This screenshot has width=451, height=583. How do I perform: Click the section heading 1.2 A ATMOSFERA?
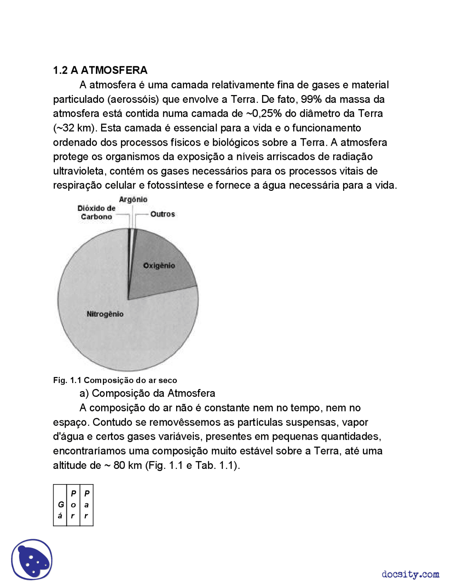(x=100, y=70)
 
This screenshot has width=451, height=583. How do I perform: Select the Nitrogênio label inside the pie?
(x=105, y=314)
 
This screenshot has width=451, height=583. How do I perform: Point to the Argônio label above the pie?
(x=133, y=199)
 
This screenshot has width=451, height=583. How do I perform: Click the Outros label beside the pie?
(x=162, y=214)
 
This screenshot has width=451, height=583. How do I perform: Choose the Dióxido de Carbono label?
(x=96, y=212)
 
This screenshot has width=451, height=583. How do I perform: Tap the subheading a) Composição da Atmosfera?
(x=147, y=393)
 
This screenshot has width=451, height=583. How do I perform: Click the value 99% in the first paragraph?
(x=311, y=99)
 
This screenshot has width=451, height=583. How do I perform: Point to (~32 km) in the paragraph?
(x=75, y=128)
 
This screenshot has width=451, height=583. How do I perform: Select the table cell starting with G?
(x=60, y=505)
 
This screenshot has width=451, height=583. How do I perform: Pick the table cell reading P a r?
(x=87, y=505)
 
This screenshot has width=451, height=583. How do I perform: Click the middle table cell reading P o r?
(x=73, y=505)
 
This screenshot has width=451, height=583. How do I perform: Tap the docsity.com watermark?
(x=410, y=574)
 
